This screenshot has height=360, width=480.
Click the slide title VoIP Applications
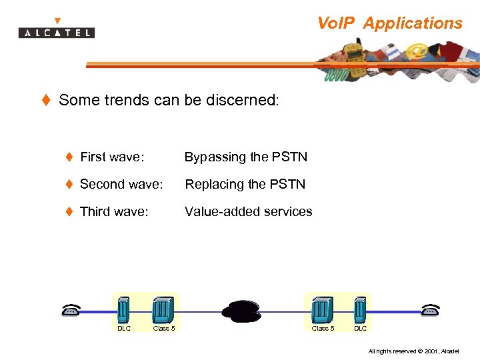[389, 23]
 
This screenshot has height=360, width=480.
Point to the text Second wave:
[121, 184]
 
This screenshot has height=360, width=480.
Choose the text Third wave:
[114, 211]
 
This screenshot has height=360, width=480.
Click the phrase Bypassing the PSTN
[246, 157]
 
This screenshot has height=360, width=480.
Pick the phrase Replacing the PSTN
[245, 184]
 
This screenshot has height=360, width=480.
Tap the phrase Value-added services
[249, 211]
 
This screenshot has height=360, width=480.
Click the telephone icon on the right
[431, 309]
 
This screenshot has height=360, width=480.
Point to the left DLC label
[124, 328]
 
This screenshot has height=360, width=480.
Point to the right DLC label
[360, 328]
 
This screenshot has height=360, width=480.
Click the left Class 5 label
[164, 328]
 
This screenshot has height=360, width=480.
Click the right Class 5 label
[323, 328]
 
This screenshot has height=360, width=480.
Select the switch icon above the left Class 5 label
[163, 309]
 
